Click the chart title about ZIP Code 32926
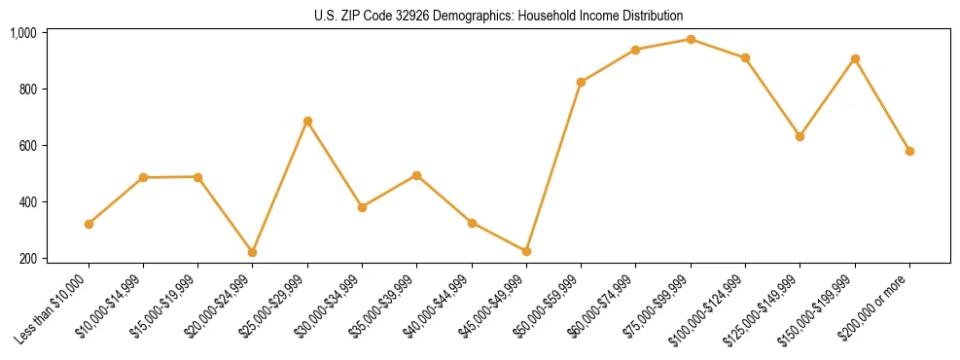[499, 16]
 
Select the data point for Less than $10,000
[89, 224]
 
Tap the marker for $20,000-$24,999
[253, 252]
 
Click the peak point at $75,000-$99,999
[691, 39]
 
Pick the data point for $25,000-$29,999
[307, 121]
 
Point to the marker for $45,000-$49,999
[526, 251]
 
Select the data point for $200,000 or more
[909, 151]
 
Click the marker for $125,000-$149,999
[800, 136]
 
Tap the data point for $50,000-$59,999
[581, 82]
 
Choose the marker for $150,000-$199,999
[855, 58]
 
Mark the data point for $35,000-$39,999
[416, 175]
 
